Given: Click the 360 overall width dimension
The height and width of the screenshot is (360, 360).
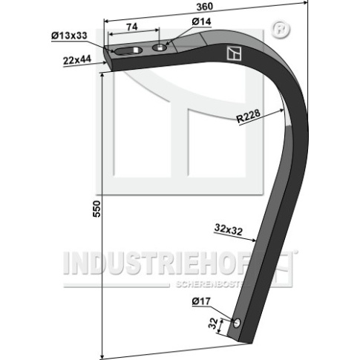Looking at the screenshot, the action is [205, 7].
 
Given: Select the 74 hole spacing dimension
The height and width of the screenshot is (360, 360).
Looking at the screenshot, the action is [132, 27].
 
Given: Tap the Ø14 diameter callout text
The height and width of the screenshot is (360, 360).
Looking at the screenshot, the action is [201, 22].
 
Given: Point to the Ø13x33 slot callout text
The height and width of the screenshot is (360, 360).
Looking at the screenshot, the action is [69, 36].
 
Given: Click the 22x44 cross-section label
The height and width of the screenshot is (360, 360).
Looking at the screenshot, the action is [77, 60].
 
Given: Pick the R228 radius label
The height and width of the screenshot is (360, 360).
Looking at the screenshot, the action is [248, 116].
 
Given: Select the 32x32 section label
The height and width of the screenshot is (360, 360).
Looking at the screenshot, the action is [229, 229].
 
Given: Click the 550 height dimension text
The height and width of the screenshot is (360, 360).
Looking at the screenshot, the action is [96, 209].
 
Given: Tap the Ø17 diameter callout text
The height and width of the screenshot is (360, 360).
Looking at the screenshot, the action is [201, 301].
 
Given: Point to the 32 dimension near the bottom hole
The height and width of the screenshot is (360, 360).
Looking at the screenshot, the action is [213, 323].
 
